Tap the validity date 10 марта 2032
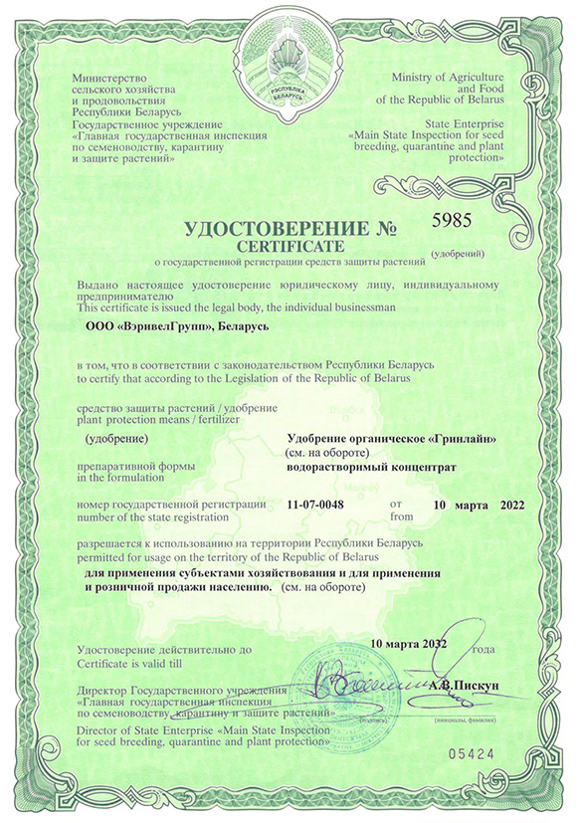(x=409, y=644)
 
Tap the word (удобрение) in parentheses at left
(x=117, y=439)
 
